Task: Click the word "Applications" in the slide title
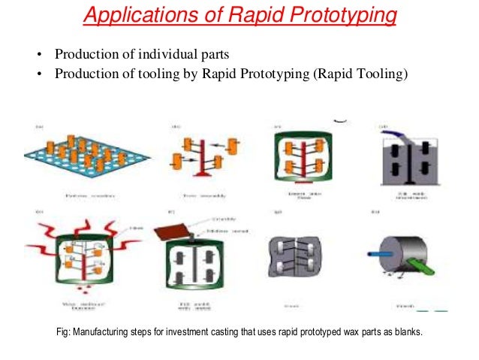coord(127,14)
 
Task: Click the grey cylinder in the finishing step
coord(397,262)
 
